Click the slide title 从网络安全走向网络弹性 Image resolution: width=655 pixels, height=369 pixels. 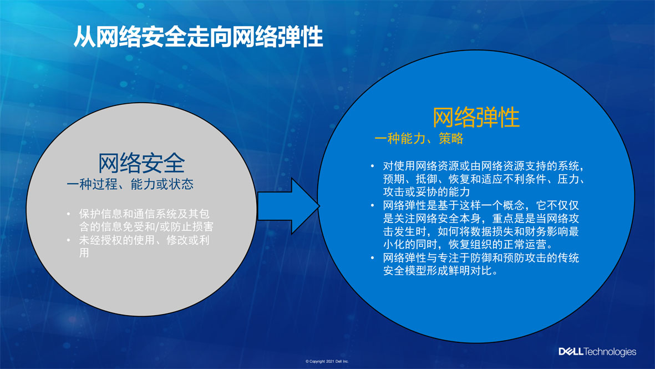pos(198,37)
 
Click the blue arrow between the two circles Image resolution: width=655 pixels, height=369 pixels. pos(288,206)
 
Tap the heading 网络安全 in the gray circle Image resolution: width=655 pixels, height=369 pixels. pos(141,163)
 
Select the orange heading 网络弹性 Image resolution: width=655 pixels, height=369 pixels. pos(476,117)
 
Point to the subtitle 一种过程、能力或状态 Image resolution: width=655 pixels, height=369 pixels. pos(130,184)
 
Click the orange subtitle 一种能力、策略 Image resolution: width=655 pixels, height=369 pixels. pos(419,138)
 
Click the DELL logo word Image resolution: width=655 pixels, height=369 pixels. pos(571,351)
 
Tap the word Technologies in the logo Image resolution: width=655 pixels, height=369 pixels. pos(610,352)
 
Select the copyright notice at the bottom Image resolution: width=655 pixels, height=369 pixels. pos(327,361)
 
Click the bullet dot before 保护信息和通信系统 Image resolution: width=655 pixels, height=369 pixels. pos(69,214)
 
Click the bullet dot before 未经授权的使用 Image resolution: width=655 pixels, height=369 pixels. pos(69,240)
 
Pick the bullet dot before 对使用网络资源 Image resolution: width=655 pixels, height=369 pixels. pos(372,166)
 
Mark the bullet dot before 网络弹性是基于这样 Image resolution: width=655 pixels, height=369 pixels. pos(372,205)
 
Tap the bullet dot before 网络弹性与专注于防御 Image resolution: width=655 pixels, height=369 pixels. pos(372,258)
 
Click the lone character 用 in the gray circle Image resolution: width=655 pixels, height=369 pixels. pos(84,253)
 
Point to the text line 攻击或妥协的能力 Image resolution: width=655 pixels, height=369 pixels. pos(426,192)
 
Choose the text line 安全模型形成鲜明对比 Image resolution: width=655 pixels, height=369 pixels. pos(441,271)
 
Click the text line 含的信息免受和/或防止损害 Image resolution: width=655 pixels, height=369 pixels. pos(146,226)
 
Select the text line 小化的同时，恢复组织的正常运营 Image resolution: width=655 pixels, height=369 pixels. pos(468,245)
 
